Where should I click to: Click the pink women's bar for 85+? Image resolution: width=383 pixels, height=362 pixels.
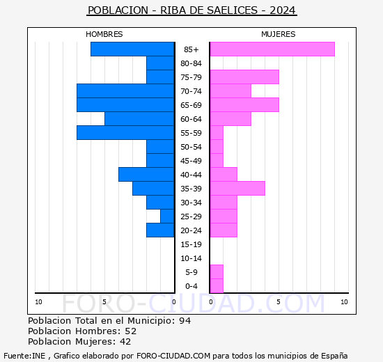(272, 49)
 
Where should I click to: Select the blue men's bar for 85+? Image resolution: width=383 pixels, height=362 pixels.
(132, 49)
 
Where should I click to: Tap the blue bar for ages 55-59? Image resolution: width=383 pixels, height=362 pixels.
(125, 133)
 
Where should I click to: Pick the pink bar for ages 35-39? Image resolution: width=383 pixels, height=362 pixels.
(237, 189)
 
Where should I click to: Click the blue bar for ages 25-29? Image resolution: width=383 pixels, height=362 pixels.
(167, 217)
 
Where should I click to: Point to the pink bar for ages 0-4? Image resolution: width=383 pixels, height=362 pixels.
(217, 286)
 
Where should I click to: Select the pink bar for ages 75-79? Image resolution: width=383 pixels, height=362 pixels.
(244, 77)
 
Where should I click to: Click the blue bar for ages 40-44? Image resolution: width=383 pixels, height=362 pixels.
(146, 175)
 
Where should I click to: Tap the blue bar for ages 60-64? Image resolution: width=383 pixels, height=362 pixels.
(139, 119)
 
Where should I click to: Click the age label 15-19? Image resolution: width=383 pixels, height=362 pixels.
(191, 244)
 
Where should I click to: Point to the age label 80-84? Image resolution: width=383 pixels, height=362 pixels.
(191, 63)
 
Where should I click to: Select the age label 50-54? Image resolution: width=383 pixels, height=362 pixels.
(191, 147)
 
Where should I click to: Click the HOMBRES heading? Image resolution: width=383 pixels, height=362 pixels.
(104, 34)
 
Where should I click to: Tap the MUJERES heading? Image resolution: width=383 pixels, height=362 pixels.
(279, 34)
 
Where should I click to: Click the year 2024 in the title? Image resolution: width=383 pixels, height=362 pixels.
(283, 10)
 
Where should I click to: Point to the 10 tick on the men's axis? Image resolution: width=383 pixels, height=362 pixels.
(38, 302)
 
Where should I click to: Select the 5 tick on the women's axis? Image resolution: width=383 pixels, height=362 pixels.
(279, 302)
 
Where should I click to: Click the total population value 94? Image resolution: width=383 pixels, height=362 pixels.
(185, 321)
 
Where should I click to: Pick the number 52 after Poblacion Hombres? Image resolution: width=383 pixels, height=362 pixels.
(131, 331)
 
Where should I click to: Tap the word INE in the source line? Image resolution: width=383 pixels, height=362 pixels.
(38, 356)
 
